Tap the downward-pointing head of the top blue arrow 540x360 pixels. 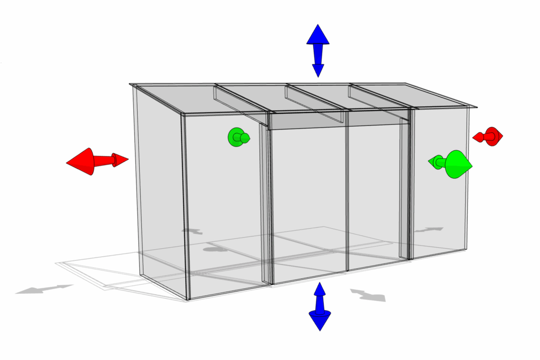318,69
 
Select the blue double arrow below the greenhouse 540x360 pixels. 320,306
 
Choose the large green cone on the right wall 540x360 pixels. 456,164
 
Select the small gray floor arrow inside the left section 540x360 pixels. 192,231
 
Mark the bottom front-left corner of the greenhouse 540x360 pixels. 188,299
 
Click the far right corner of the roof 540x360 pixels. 477,107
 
